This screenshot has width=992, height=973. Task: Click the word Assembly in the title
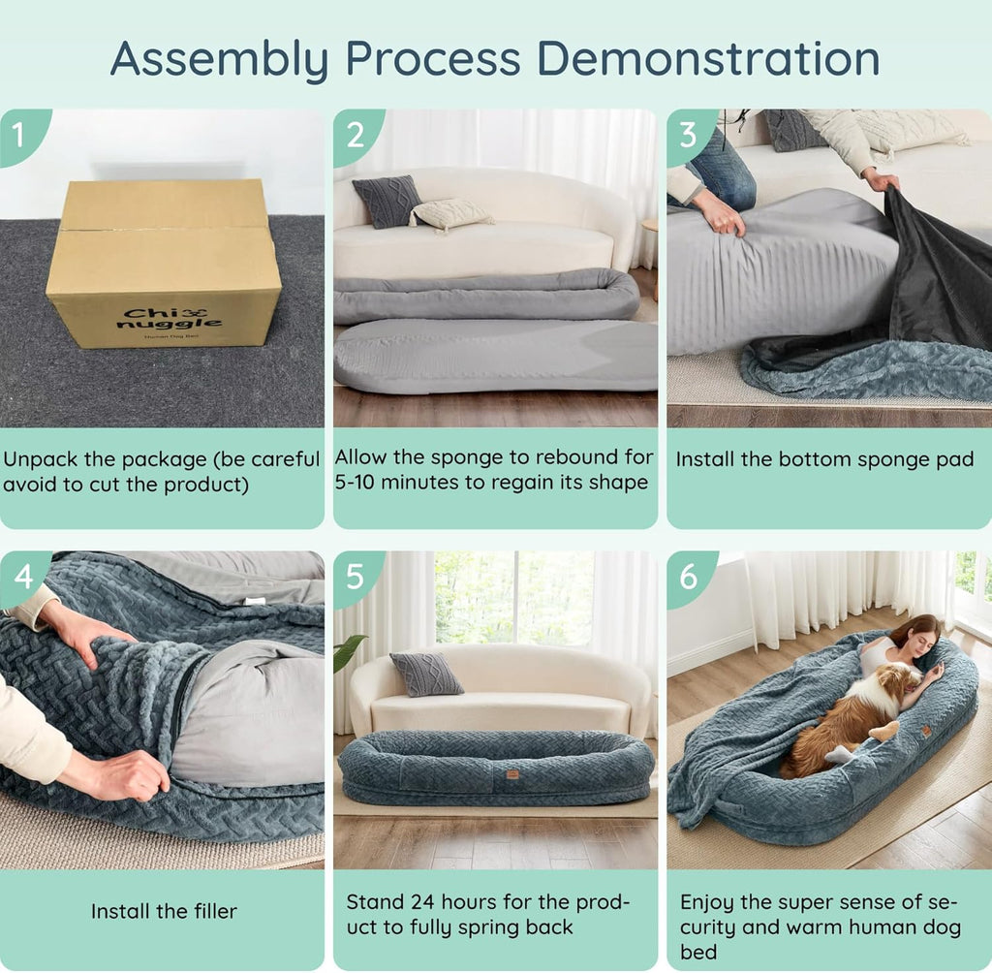click(x=220, y=60)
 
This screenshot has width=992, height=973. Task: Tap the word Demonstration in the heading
click(x=708, y=59)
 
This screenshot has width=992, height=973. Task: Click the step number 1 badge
click(x=19, y=134)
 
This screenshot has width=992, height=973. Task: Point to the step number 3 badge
click(x=689, y=134)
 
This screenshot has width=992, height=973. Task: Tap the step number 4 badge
click(x=23, y=577)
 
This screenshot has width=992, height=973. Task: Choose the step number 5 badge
click(x=355, y=577)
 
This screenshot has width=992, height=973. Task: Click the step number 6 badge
click(x=689, y=577)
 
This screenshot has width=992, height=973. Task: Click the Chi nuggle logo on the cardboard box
click(x=170, y=319)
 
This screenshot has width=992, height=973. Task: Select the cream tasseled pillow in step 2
click(x=449, y=214)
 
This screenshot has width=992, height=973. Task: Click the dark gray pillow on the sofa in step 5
click(x=426, y=674)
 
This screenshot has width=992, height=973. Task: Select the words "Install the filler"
click(x=164, y=911)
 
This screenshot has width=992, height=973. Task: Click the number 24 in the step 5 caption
click(x=423, y=901)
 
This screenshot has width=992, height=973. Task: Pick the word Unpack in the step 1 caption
click(x=42, y=460)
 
